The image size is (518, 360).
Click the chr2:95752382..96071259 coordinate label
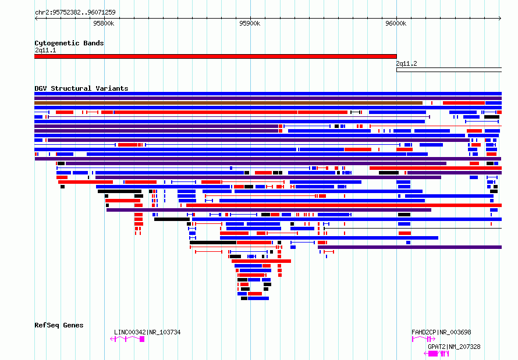(x=75, y=13)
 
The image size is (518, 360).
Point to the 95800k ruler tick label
(x=104, y=23)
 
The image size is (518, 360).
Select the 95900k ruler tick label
(x=250, y=23)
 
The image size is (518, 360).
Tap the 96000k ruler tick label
(x=396, y=23)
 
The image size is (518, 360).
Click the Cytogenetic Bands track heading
(x=69, y=43)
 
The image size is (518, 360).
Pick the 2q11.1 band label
(x=45, y=50)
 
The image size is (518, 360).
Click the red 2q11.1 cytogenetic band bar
(x=215, y=56)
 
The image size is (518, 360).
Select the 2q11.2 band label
(x=406, y=64)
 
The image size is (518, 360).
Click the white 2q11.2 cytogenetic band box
(x=449, y=70)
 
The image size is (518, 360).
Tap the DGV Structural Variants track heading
(x=81, y=88)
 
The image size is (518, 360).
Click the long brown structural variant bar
(x=228, y=103)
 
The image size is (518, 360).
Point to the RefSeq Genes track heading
(x=59, y=325)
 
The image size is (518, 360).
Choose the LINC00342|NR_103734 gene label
(x=147, y=332)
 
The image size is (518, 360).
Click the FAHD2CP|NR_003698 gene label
(x=441, y=332)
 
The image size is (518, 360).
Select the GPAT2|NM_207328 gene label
(x=454, y=347)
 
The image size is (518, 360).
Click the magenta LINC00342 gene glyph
(x=127, y=339)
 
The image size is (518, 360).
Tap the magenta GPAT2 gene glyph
(x=437, y=354)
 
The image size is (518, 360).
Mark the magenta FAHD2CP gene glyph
(x=424, y=339)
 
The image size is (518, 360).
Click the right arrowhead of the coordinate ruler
(x=501, y=19)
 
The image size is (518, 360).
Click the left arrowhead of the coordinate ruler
(x=36, y=19)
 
